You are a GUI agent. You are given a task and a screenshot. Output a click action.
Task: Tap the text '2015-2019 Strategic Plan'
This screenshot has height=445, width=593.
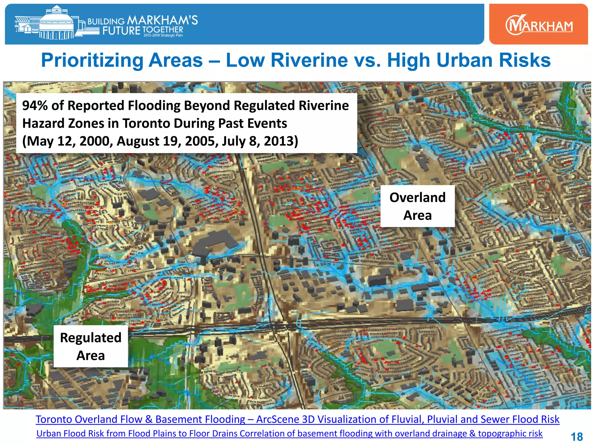(163, 35)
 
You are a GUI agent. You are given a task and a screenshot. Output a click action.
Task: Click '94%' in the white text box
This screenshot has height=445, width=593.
(35, 105)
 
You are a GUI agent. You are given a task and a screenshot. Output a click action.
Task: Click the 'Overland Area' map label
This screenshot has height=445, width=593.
(417, 206)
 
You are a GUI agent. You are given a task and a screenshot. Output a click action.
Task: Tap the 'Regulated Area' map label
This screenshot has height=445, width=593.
(91, 346)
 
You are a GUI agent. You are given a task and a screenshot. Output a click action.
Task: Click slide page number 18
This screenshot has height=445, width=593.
(576, 437)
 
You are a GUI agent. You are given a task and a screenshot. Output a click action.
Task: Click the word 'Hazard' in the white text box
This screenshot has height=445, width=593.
(42, 123)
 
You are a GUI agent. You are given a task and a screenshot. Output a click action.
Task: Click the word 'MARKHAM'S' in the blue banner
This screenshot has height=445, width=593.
(162, 20)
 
